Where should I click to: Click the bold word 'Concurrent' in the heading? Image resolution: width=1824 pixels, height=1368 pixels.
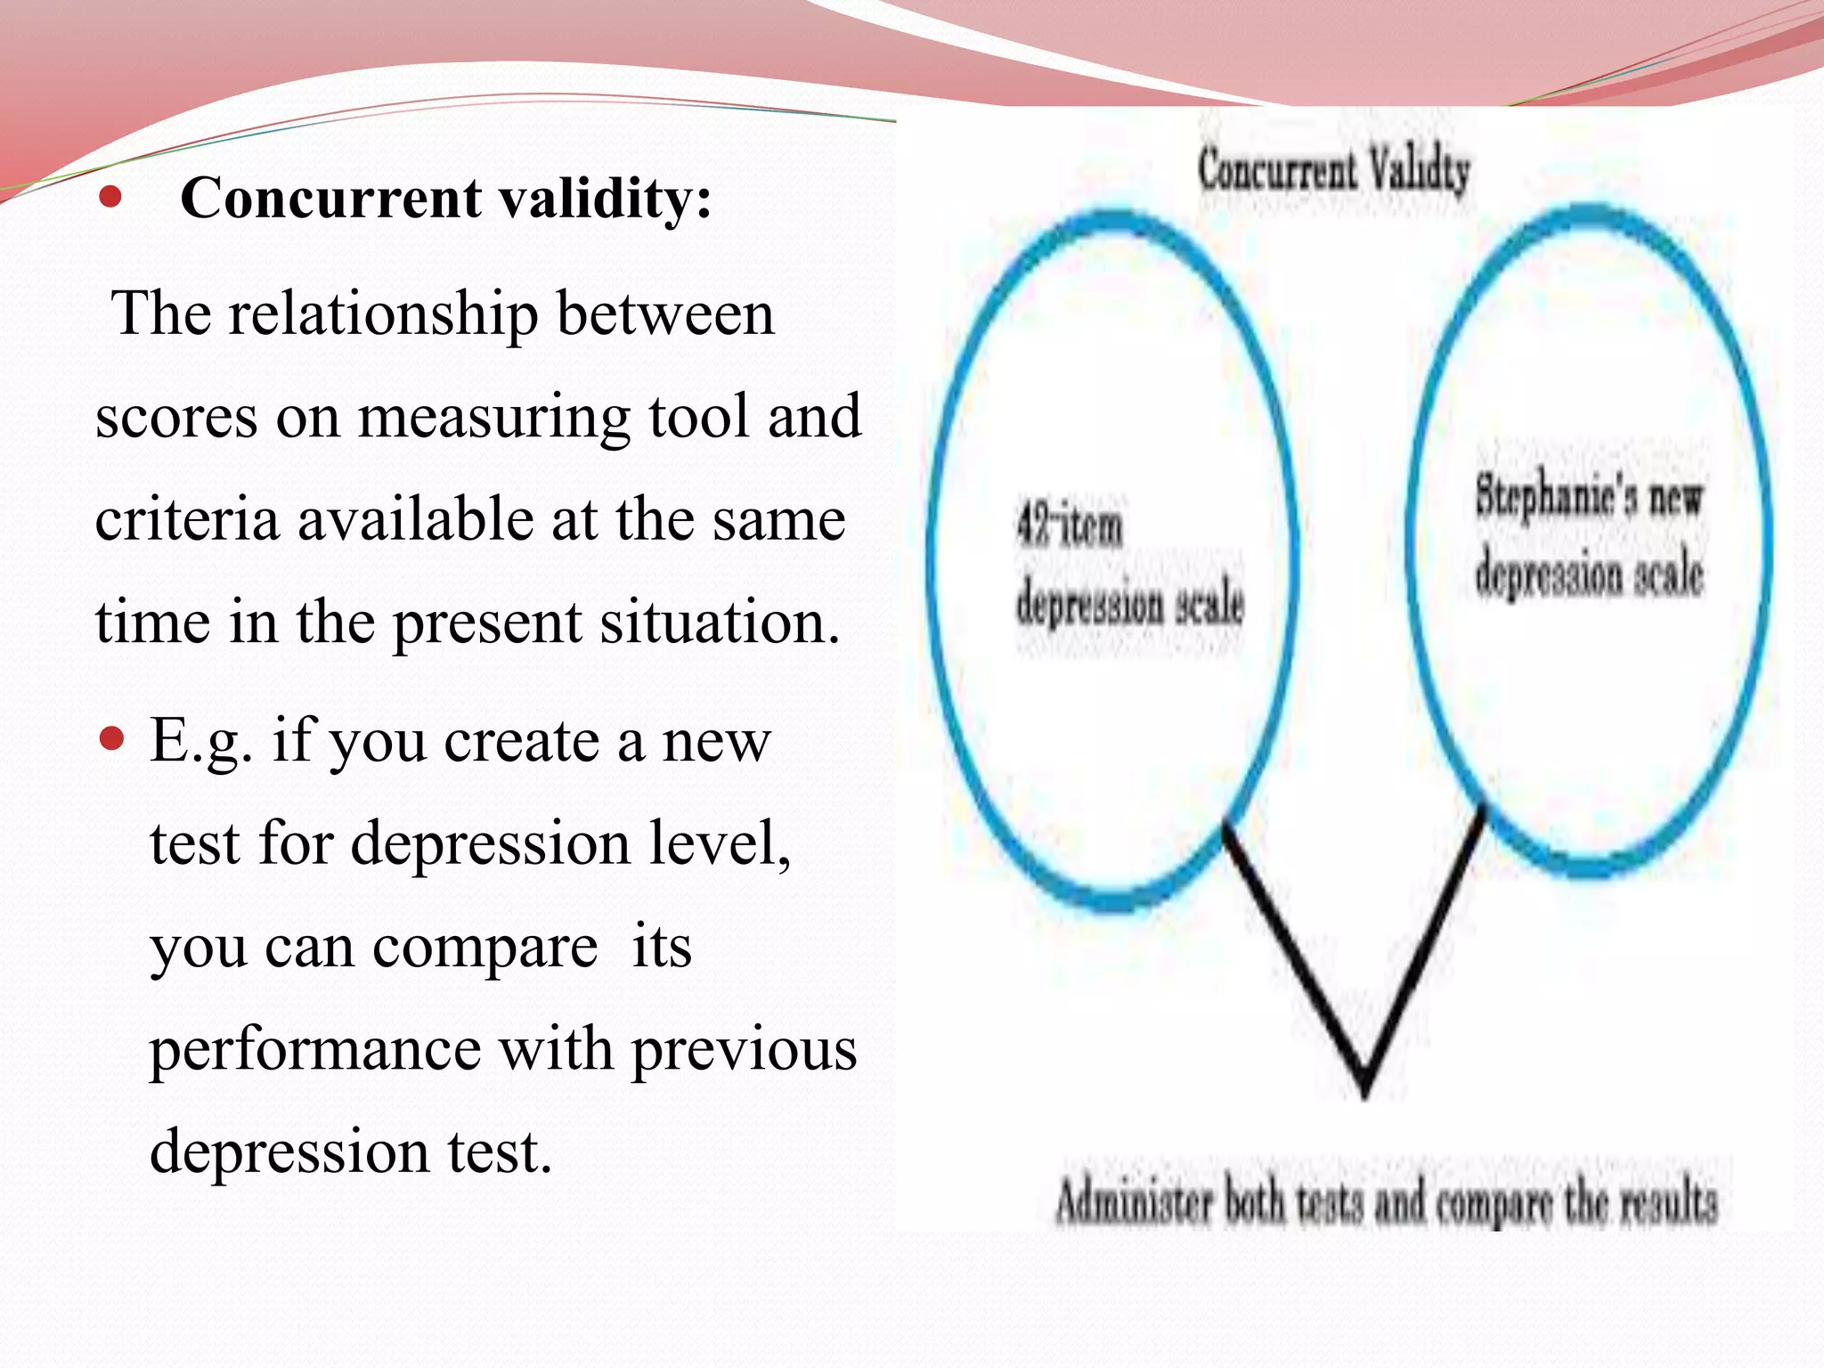(x=331, y=198)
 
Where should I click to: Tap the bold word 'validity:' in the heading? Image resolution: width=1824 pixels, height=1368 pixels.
(x=606, y=198)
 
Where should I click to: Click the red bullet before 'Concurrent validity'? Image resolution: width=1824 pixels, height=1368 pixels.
(x=110, y=197)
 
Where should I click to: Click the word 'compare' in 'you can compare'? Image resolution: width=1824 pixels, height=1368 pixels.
(x=485, y=948)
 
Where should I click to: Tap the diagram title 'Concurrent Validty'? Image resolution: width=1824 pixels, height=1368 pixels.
(x=1333, y=171)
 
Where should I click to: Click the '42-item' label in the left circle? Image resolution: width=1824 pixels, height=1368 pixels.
(x=1070, y=526)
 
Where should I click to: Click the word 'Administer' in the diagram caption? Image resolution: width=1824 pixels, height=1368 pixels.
(x=1133, y=1202)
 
